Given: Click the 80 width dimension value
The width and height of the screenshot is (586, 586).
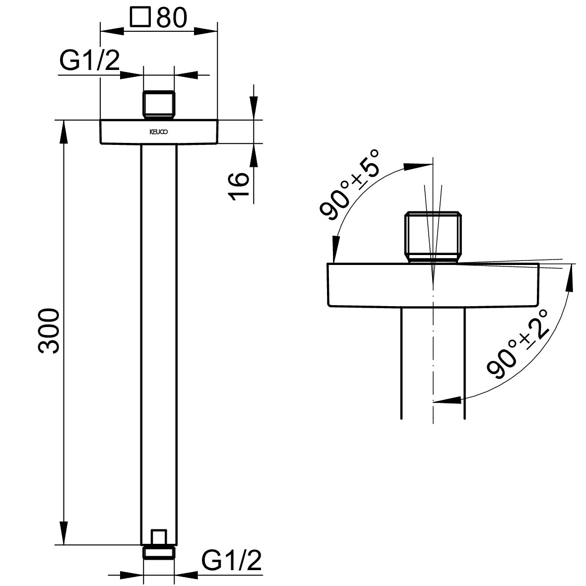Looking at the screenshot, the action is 172,17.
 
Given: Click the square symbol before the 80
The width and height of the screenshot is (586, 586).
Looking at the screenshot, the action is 140,17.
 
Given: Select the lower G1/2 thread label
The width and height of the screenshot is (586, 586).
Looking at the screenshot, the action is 231,560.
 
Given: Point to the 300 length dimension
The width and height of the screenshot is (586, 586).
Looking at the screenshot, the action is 49,331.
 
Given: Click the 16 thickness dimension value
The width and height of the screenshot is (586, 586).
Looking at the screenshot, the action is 239,186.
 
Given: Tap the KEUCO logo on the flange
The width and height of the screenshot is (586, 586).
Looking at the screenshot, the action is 159,132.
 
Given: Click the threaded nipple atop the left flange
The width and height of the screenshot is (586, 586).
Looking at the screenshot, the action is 159,105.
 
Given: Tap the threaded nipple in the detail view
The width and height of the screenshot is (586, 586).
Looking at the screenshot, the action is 434,237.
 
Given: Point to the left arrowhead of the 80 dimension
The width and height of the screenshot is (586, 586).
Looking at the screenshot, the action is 112,31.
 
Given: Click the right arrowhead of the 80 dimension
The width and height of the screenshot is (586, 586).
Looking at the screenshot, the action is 205,31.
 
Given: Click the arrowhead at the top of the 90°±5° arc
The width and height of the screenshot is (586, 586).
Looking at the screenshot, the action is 418,166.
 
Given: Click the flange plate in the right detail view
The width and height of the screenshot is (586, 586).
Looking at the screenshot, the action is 434,285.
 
